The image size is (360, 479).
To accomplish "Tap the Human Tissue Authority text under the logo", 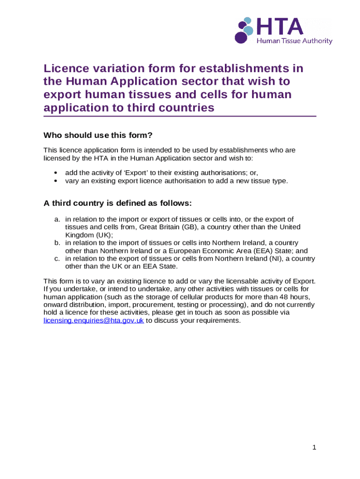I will [295, 41].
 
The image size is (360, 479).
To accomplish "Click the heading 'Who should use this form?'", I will [98, 136].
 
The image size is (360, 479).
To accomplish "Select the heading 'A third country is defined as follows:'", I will [117, 203].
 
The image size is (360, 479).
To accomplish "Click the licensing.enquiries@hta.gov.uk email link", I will [94, 320].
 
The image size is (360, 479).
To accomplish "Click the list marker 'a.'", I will [58, 219].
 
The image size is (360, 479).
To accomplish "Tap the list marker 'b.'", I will [58, 243].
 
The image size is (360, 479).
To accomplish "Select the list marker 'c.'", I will [58, 259].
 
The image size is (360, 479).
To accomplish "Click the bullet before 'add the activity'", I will [56, 172].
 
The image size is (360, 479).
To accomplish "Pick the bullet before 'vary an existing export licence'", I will [56, 180].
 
